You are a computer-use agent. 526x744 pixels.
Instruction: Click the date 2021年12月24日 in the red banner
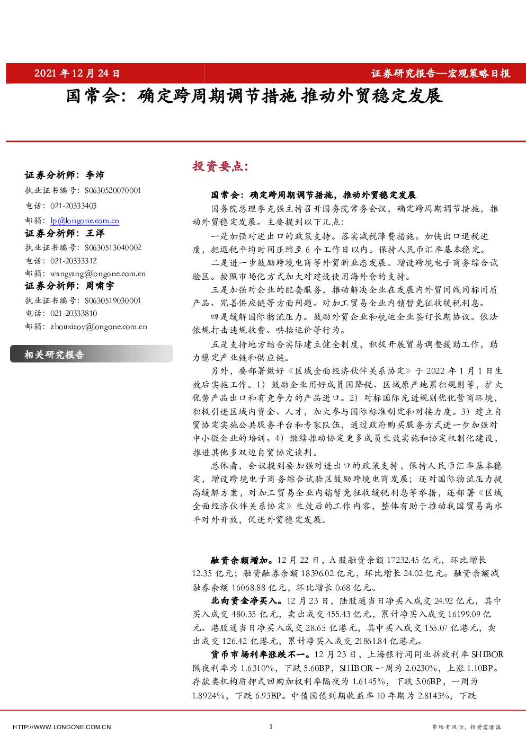[77, 73]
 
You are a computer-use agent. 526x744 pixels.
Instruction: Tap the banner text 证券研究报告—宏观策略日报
[441, 73]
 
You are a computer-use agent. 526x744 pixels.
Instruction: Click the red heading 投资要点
[220, 166]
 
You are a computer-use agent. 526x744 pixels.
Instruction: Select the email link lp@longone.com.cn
[85, 220]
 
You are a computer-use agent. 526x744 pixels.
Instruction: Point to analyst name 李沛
[95, 175]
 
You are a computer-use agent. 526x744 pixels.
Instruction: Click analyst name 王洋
[95, 233]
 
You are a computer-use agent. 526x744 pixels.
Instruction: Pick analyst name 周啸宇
[100, 286]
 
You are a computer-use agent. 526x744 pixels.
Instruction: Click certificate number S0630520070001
[113, 190]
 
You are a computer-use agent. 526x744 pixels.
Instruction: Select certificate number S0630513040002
[113, 247]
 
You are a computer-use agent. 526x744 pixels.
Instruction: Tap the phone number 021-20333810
[74, 313]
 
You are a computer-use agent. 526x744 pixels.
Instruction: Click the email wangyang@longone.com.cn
[98, 273]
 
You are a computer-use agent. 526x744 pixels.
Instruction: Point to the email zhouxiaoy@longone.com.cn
[99, 326]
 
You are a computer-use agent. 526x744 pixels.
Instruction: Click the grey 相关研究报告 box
[92, 354]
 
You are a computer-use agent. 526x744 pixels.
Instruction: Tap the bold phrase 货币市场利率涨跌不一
[261, 654]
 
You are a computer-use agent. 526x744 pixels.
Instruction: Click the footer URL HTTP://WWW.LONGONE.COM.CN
[62, 727]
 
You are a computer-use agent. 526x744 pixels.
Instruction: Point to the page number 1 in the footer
[271, 727]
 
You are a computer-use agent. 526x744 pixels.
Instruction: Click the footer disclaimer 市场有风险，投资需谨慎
[466, 727]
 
